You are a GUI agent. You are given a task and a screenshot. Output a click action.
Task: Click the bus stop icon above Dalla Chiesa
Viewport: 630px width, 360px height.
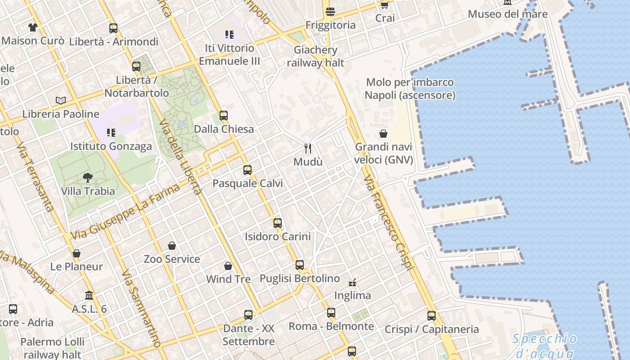click(224, 116)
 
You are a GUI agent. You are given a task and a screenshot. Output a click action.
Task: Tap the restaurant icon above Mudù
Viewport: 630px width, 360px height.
click(308, 148)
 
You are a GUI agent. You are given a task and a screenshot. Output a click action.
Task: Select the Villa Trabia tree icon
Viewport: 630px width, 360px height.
click(88, 178)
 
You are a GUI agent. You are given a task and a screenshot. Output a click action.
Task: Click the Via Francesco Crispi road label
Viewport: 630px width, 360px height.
click(388, 222)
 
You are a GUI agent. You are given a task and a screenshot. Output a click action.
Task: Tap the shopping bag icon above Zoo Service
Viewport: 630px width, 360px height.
click(172, 246)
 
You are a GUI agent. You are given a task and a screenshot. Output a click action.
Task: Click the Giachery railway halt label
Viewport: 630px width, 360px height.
click(315, 56)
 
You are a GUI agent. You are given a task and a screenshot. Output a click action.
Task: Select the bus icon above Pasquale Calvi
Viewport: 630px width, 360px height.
click(247, 170)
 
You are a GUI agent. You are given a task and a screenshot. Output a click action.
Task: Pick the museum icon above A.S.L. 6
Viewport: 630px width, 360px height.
click(89, 296)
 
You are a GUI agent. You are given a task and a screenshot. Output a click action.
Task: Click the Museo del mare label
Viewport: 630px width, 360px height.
click(508, 14)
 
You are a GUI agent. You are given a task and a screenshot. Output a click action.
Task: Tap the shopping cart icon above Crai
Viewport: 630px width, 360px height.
click(384, 5)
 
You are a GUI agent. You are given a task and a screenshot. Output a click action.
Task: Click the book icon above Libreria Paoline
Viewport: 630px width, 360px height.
click(61, 100)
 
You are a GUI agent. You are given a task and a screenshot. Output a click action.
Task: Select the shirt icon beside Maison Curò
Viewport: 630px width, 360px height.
click(32, 27)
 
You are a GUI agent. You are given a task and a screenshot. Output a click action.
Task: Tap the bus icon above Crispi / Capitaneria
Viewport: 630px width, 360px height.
click(432, 316)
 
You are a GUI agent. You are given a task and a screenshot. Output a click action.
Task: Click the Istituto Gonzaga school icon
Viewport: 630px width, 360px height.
click(111, 133)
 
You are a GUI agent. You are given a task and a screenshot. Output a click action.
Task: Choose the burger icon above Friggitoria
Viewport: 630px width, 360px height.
click(330, 12)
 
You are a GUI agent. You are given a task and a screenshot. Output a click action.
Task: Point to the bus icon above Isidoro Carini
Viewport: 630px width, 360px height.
click(278, 223)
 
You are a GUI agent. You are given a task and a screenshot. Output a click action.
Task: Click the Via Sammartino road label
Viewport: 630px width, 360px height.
click(141, 309)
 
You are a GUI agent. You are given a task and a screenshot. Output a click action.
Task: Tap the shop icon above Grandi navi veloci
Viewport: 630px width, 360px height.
click(383, 134)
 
